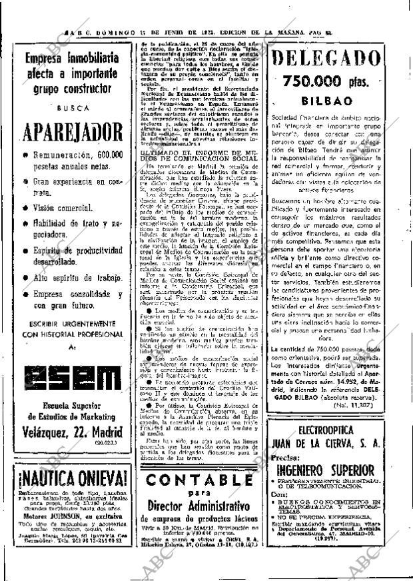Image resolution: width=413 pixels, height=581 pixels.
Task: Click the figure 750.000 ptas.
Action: [x=334, y=83]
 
